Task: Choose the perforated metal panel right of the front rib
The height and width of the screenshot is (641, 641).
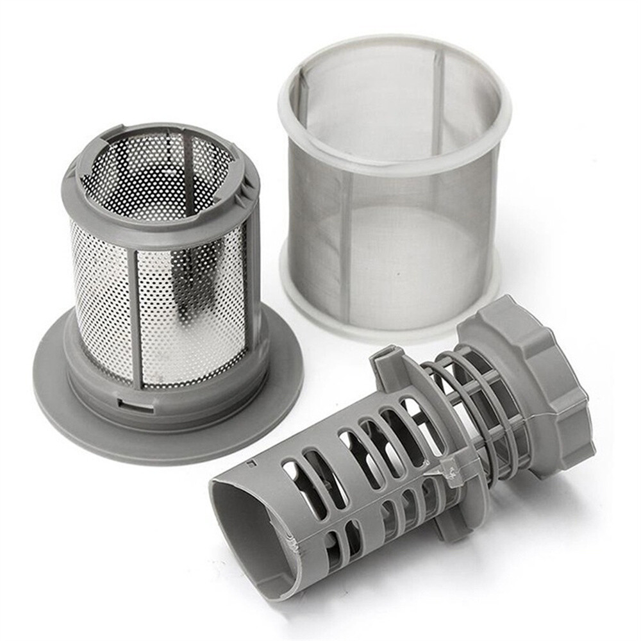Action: coord(192,314)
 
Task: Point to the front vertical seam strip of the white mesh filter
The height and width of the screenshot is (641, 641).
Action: coord(345,250)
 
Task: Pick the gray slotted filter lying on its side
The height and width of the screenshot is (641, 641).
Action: coord(385,462)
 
